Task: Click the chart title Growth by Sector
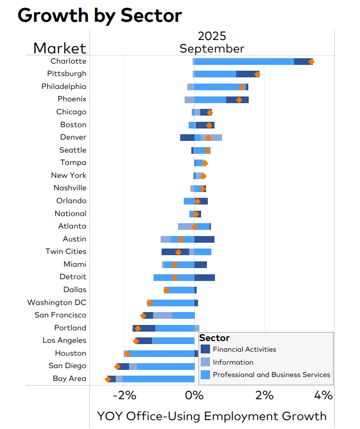[99, 16]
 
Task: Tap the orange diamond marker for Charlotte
[311, 62]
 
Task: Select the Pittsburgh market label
[67, 74]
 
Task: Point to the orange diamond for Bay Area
[108, 379]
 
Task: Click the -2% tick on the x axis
[124, 395]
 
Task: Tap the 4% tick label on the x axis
[324, 395]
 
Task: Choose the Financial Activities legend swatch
[205, 349]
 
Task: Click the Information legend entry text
[233, 362]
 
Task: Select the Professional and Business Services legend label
[271, 375]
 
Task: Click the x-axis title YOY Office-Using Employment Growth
[212, 417]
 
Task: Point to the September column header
[212, 48]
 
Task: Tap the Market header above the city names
[60, 48]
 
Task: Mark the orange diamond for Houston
[127, 354]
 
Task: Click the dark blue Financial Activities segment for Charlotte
[303, 62]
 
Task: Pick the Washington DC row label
[57, 303]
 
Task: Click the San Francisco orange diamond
[143, 316]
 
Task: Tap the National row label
[70, 214]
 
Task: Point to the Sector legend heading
[214, 338]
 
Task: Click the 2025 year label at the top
[212, 36]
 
